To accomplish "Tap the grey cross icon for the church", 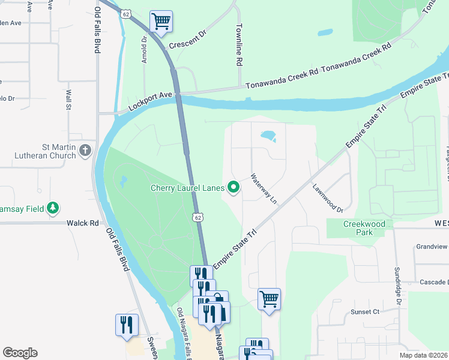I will click(86, 149).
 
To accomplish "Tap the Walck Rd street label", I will click(86, 223).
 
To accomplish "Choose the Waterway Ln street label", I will click(264, 188).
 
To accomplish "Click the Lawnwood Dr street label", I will click(327, 198).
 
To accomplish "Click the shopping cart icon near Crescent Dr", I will click(161, 22).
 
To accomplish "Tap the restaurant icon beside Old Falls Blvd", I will click(127, 325).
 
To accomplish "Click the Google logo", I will click(20, 353).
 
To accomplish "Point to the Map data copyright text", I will click(424, 355).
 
